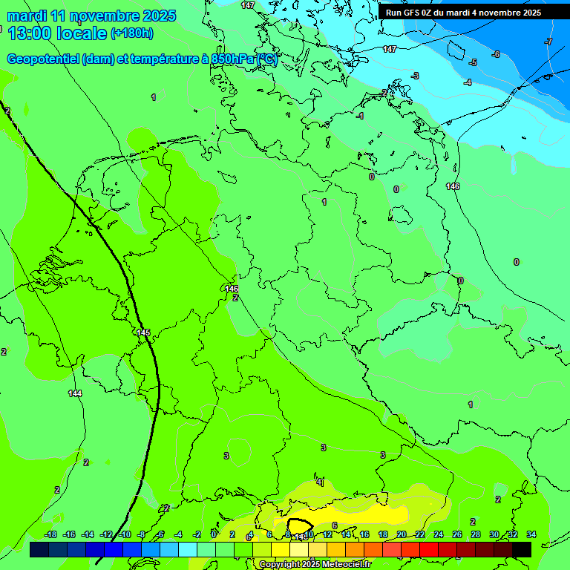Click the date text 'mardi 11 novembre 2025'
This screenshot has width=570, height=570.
coord(92,16)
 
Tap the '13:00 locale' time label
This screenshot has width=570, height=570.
coord(58,33)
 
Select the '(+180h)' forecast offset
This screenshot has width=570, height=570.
coord(132,33)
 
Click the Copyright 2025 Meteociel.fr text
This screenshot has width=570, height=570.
coord(315,565)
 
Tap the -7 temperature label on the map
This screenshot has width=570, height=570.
coord(548,42)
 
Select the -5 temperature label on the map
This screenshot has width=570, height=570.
coord(472,62)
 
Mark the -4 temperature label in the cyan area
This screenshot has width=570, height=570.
coord(467,82)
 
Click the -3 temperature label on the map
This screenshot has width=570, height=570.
coord(414,76)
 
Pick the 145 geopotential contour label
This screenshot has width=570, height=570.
coord(143,332)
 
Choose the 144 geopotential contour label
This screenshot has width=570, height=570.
coord(75,393)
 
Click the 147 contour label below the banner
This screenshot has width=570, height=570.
coord(390,49)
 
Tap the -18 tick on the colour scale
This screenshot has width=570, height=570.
coord(50,534)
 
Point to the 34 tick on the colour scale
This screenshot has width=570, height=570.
coord(531,534)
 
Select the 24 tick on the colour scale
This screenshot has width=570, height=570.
coord(439,534)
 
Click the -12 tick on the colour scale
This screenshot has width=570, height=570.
coord(106,534)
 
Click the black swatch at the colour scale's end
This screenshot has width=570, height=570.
coord(522,549)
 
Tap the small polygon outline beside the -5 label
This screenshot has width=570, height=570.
coord(455,50)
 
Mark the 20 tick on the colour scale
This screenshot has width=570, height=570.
coord(402,534)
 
